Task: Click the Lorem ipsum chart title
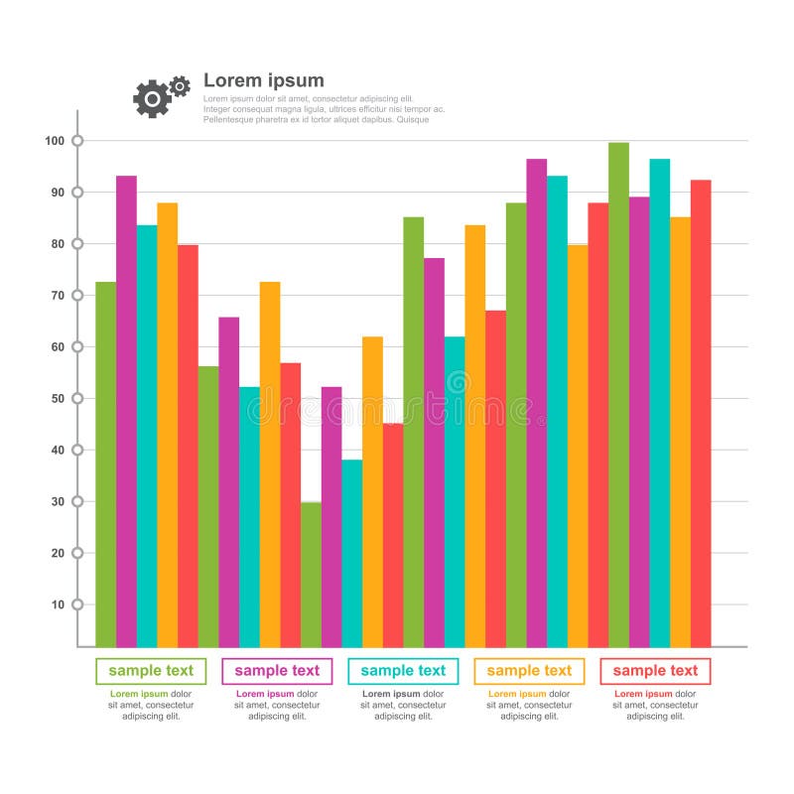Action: [x=263, y=81]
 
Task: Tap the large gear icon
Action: [x=152, y=98]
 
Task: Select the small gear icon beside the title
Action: [x=180, y=86]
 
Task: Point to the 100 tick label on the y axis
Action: [x=54, y=141]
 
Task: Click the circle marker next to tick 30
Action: [x=77, y=501]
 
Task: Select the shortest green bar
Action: [x=311, y=574]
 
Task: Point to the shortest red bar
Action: [x=393, y=535]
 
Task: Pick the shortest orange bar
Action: [x=372, y=491]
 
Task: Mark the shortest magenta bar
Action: [x=331, y=516]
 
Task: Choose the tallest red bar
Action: [x=701, y=413]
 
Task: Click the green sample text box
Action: [x=151, y=671]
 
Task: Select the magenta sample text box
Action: [x=277, y=671]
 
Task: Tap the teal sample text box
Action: [x=403, y=671]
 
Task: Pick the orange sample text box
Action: [x=529, y=671]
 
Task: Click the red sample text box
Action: [x=655, y=671]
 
